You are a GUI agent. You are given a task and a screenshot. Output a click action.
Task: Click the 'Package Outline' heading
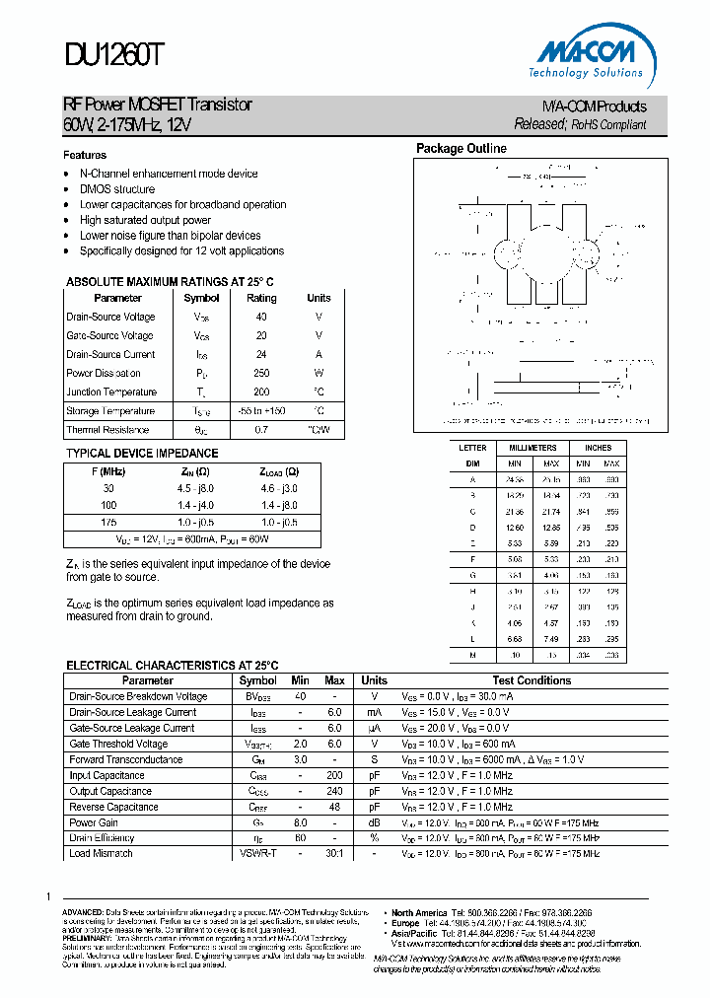pyautogui.click(x=461, y=149)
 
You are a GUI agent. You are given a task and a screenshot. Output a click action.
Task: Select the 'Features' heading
pyautogui.click(x=85, y=155)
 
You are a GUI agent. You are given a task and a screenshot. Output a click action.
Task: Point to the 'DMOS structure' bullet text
pyautogui.click(x=117, y=189)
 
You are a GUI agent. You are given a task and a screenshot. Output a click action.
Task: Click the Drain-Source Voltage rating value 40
pyautogui.click(x=261, y=317)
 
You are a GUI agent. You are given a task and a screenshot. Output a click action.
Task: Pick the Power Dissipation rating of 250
pyautogui.click(x=261, y=373)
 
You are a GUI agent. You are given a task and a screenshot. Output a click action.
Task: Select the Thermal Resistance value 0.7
pyautogui.click(x=261, y=430)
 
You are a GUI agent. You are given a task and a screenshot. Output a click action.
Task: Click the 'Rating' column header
pyautogui.click(x=261, y=298)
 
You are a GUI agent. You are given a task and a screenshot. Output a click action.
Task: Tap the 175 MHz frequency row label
pyautogui.click(x=108, y=522)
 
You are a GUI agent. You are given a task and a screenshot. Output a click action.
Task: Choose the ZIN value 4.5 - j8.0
pyautogui.click(x=194, y=488)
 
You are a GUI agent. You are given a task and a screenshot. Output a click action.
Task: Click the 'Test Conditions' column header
pyautogui.click(x=532, y=680)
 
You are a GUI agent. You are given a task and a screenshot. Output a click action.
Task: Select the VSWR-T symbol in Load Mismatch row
pyautogui.click(x=257, y=853)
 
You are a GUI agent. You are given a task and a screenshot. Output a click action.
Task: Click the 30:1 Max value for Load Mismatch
pyautogui.click(x=334, y=853)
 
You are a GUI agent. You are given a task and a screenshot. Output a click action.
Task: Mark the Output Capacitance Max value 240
pyautogui.click(x=334, y=791)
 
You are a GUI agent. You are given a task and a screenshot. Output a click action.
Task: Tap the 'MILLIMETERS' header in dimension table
pyautogui.click(x=532, y=448)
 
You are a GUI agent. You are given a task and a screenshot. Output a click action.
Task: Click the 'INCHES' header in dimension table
pyautogui.click(x=598, y=448)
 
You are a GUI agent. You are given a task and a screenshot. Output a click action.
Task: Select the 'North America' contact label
pyautogui.click(x=419, y=913)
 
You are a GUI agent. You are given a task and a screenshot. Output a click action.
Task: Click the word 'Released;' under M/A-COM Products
pyautogui.click(x=540, y=124)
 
